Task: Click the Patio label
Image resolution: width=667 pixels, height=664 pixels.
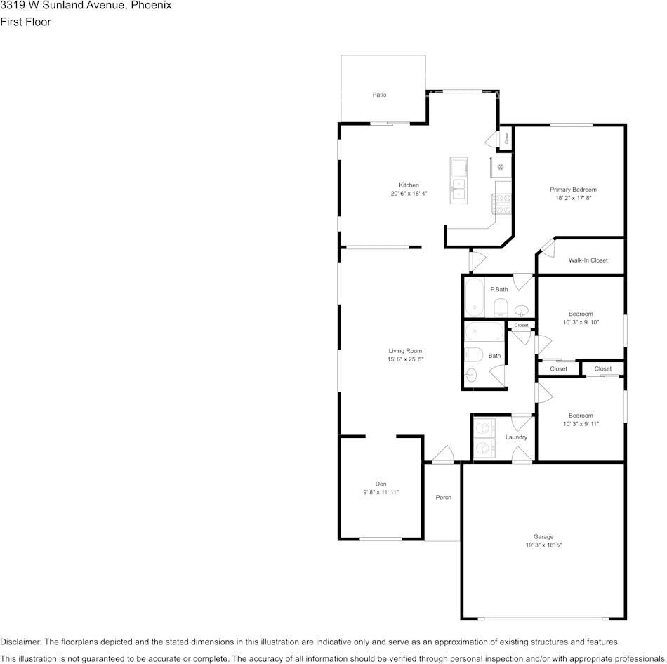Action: coord(379,95)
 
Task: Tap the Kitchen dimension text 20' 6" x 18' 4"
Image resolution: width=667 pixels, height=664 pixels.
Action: coord(409,194)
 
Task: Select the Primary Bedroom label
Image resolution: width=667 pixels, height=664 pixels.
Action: coord(573,190)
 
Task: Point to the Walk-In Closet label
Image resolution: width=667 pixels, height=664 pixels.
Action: coord(588,260)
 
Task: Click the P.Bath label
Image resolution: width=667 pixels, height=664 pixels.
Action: coord(499,290)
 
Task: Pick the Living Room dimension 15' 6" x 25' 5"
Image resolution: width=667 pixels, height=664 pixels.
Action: coord(405,359)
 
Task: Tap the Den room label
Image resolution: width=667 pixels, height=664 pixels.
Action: coord(381,484)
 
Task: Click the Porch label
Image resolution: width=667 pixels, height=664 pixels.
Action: coord(444,497)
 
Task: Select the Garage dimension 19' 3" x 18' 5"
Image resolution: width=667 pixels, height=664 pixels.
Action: coord(543,545)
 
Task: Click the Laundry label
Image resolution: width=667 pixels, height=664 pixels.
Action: coord(517,437)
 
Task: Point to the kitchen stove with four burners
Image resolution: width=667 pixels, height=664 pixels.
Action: coord(501,204)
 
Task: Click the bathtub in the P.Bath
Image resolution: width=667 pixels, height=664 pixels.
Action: coord(475,297)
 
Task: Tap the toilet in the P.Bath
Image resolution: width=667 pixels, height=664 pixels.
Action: coord(501,307)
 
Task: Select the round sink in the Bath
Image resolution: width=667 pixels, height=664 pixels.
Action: coord(470,376)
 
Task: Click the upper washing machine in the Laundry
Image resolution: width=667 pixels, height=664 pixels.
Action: coord(484,428)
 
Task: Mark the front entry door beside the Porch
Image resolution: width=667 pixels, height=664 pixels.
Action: coord(443,454)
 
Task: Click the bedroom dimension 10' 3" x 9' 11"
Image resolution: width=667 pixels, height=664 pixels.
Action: coord(581,424)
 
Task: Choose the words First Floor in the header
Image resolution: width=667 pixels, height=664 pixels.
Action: coord(25,22)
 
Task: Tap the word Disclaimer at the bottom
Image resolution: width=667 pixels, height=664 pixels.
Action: coord(20,642)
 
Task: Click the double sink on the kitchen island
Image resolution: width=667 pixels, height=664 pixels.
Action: coord(458,190)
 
